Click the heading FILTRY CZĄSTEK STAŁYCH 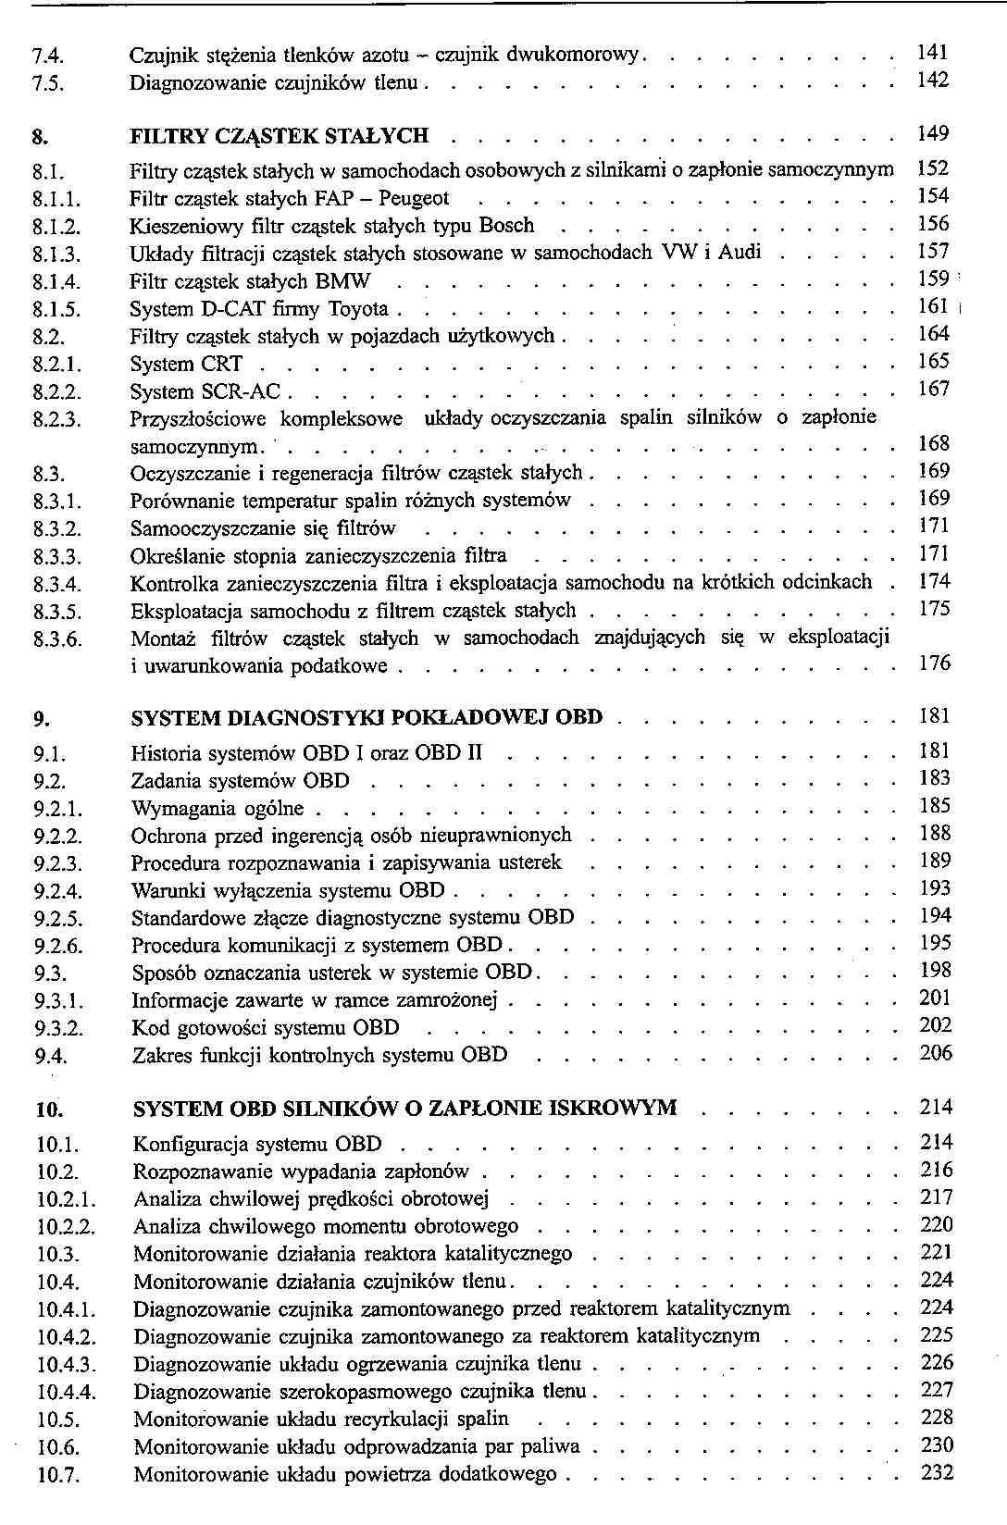(x=280, y=136)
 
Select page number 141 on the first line (x=933, y=53)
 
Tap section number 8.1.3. (x=56, y=254)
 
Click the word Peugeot (x=414, y=198)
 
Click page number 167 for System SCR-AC (x=934, y=389)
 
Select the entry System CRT (x=186, y=365)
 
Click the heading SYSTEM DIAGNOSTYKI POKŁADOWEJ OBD (x=367, y=718)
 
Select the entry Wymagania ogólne (x=218, y=809)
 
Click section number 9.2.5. (x=58, y=920)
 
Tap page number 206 (x=936, y=1053)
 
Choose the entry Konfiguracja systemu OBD (x=257, y=1146)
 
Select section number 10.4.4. (x=67, y=1393)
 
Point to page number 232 (x=937, y=1473)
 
